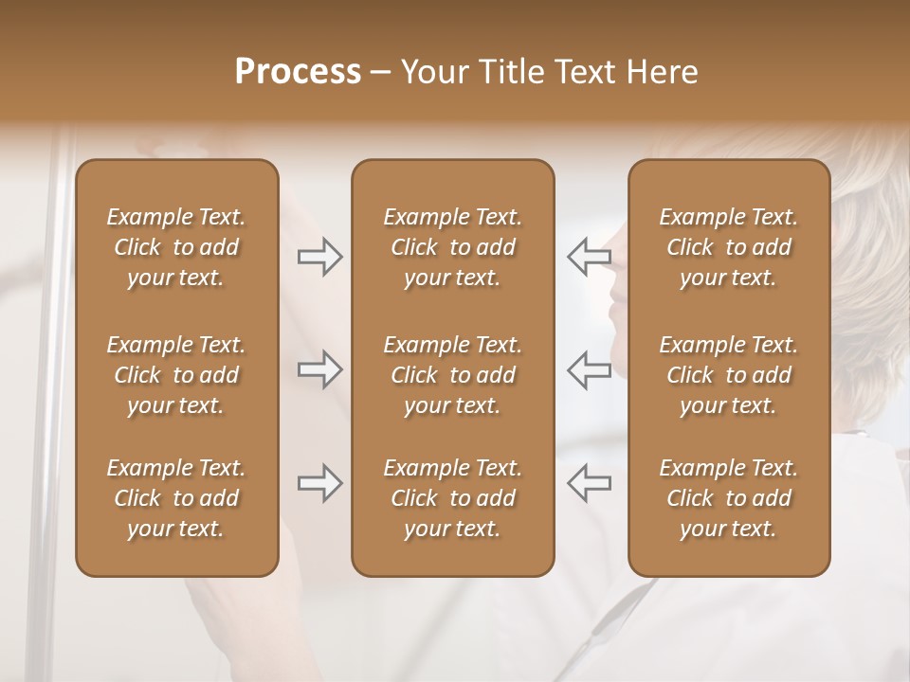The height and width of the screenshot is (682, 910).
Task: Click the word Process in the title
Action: point(298,72)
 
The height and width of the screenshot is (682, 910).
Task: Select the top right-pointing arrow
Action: point(319,257)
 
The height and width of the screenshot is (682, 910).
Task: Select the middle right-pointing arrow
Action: point(319,370)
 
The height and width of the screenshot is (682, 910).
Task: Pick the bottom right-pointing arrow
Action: point(319,484)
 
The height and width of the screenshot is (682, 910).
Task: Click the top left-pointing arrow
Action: point(589,257)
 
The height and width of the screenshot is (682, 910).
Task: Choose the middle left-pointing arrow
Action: point(589,370)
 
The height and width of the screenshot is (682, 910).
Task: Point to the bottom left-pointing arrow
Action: point(589,484)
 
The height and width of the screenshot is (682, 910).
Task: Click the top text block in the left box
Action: point(176,247)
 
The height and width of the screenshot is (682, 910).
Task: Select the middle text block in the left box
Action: point(176,375)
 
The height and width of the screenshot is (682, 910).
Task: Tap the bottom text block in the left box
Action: point(176,498)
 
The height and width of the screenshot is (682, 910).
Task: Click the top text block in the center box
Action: point(453,247)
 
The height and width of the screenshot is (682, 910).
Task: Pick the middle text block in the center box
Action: point(453,375)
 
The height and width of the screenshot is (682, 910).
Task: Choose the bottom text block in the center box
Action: point(453,498)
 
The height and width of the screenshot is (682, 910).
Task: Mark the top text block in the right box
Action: point(729,247)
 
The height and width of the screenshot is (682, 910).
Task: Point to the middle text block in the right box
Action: point(729,375)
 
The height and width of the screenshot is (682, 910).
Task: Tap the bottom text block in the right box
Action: point(729,498)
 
